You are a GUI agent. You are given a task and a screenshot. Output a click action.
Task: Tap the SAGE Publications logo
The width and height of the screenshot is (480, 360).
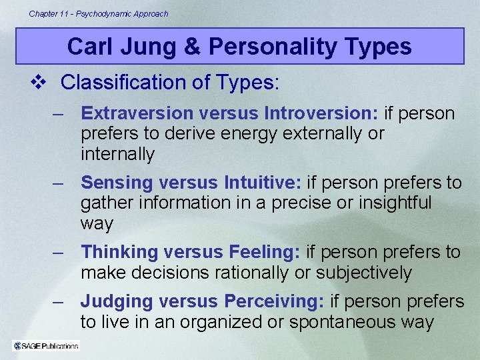(x=46, y=345)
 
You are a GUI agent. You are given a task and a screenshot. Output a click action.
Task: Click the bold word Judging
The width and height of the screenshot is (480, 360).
(x=116, y=301)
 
